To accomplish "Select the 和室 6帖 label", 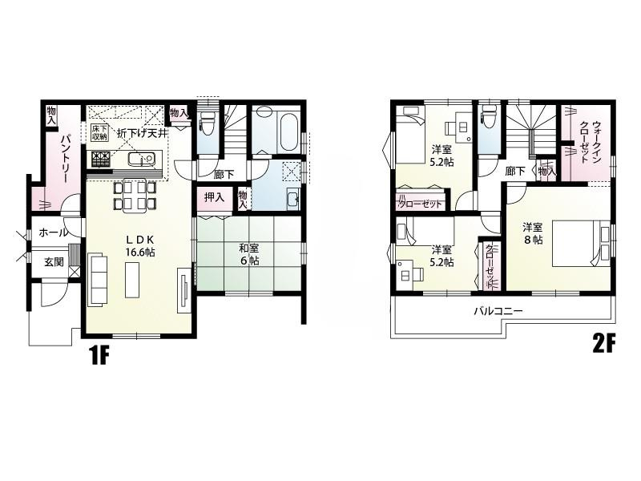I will [248, 255].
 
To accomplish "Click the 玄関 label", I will [54, 261].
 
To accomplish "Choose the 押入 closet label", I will [213, 196].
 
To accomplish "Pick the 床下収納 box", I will [99, 133].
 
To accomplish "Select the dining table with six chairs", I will [135, 195].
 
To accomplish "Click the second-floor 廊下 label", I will [515, 171].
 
